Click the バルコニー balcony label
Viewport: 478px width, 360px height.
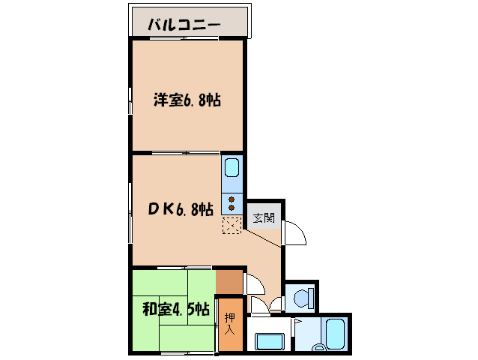point(184,24)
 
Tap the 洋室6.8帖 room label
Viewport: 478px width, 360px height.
point(187,100)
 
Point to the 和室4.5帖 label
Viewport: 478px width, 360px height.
point(175,309)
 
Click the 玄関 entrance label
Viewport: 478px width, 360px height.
point(263,218)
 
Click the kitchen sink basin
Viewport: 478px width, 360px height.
point(232,167)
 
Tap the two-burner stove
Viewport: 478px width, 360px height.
point(232,202)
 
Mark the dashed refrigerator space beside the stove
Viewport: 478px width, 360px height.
point(232,225)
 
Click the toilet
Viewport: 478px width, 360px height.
point(303,298)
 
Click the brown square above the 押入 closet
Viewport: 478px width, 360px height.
point(229,282)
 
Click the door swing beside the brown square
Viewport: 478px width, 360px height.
point(253,285)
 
